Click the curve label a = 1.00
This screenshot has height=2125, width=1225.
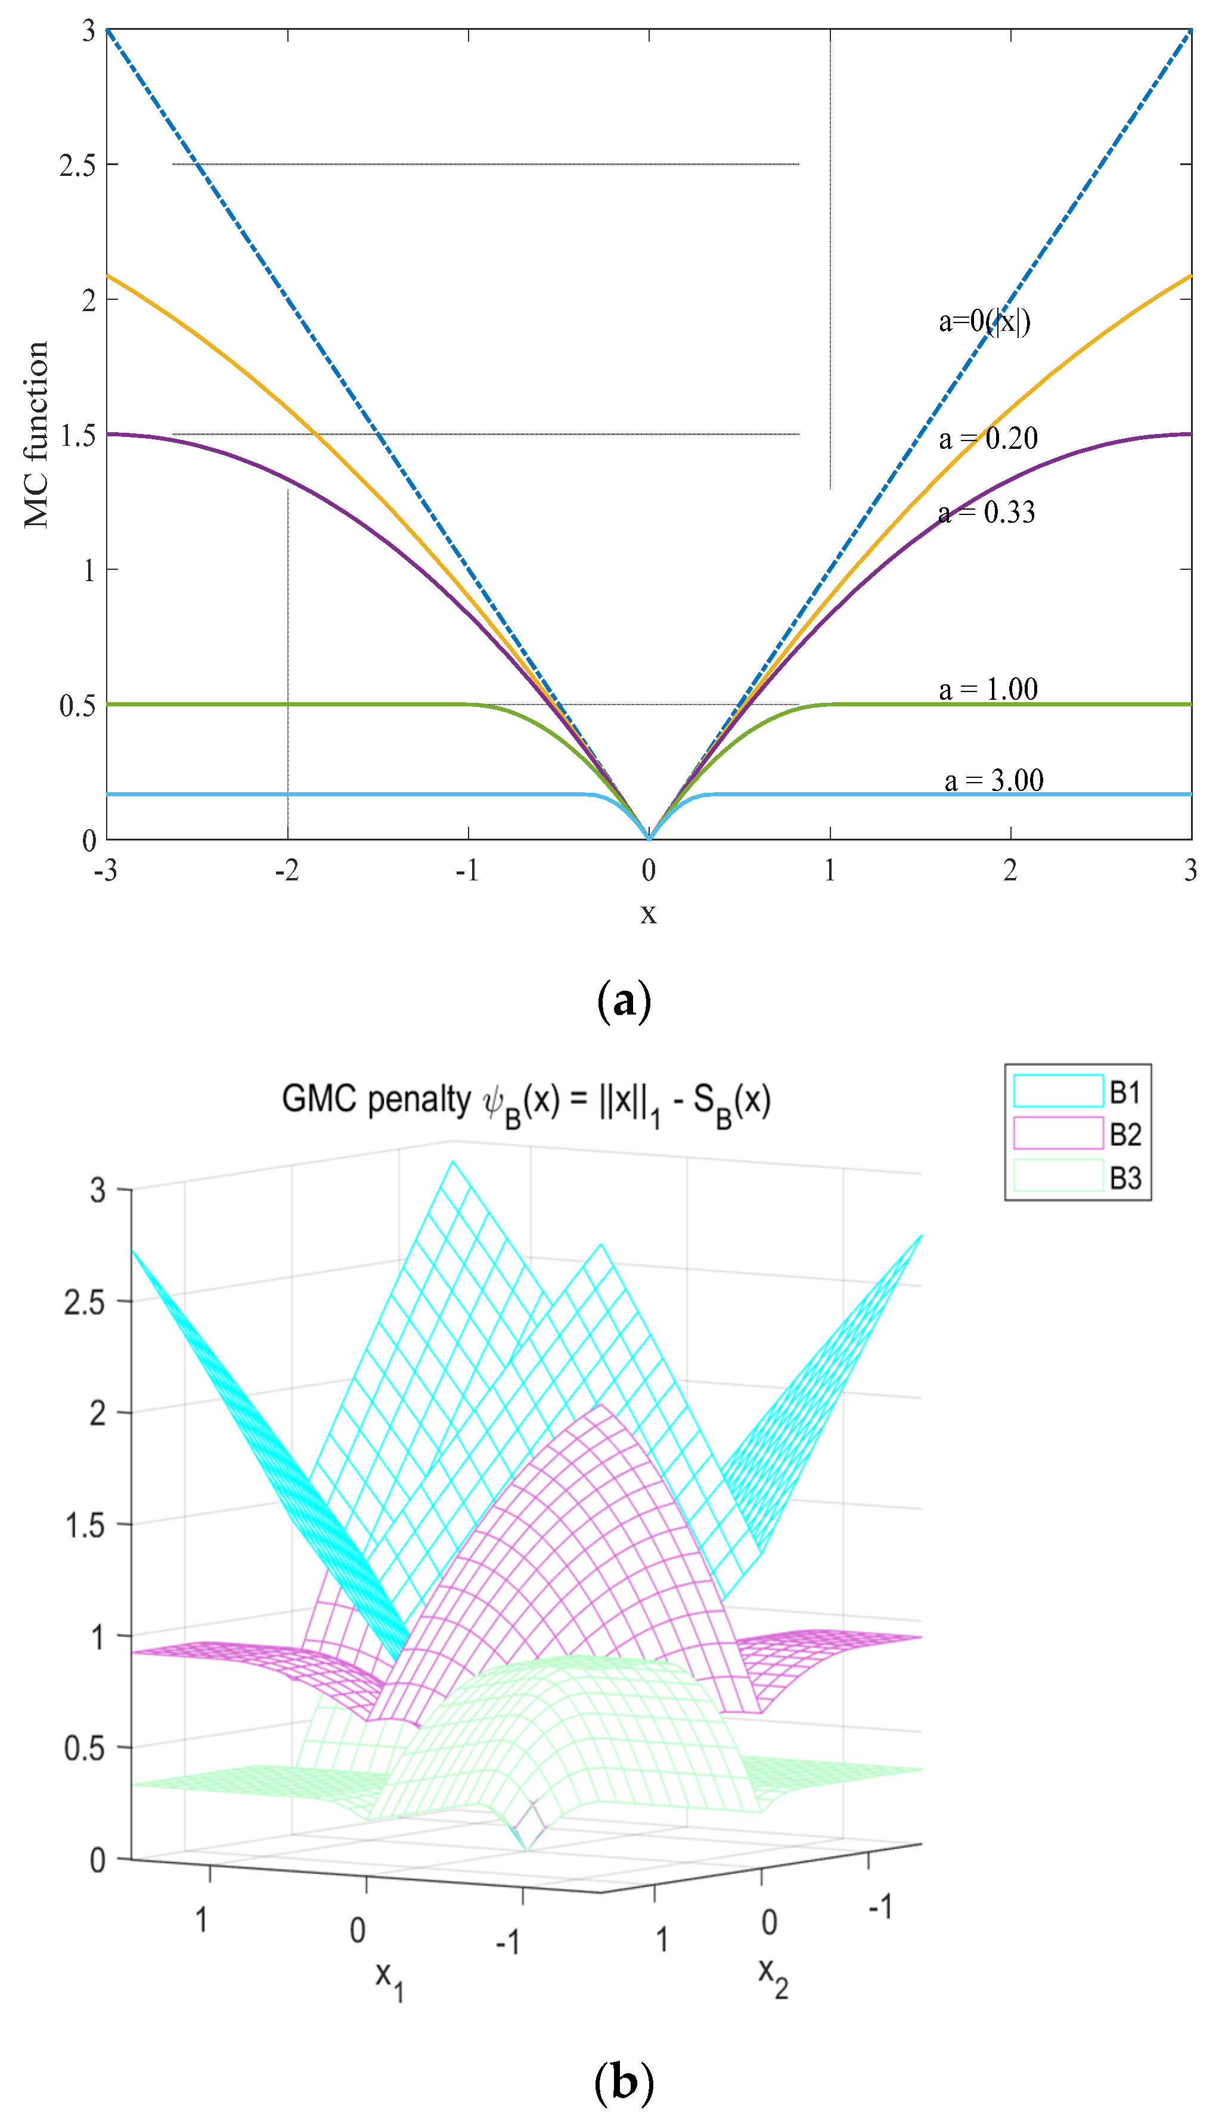pos(988,689)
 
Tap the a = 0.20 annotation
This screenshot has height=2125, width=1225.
pos(988,438)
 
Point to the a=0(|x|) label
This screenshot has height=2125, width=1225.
pos(984,321)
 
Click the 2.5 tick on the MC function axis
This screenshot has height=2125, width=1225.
pos(77,166)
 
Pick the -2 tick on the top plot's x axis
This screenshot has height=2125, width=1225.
pos(287,870)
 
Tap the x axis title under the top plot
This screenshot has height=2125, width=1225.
pos(648,913)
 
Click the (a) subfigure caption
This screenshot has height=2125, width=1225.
pos(624,1001)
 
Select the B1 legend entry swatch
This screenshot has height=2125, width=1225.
pos(1057,1091)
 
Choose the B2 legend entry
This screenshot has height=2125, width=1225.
pos(1077,1133)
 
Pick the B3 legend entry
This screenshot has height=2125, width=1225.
pos(1077,1176)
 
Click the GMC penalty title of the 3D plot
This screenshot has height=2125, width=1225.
pos(526,1101)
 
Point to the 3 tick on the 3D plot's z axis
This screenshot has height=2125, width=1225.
pos(98,1190)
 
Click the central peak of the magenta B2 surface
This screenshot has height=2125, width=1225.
pos(599,1407)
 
